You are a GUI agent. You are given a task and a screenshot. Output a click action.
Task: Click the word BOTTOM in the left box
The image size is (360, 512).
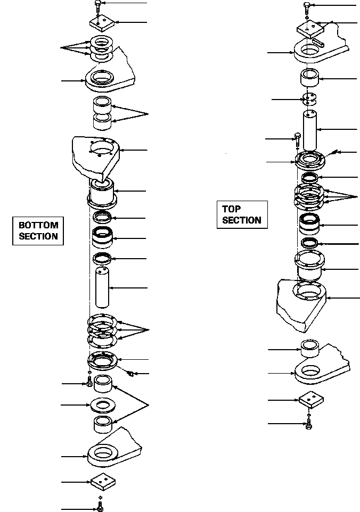pos(38,225)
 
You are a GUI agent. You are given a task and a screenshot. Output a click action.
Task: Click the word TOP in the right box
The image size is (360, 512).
pos(231,209)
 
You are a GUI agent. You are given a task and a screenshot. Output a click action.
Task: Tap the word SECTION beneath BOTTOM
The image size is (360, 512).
pos(38,236)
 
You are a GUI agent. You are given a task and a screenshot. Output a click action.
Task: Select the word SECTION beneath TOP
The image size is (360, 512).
pos(242,220)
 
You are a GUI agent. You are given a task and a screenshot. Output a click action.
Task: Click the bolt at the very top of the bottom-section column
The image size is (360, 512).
pos(97,7)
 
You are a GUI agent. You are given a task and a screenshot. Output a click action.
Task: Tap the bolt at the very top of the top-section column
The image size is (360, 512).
pos(307,8)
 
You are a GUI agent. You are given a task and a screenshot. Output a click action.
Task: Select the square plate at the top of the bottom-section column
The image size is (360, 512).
pos(102,22)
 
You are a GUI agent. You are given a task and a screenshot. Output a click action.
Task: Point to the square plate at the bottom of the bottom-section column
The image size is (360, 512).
pos(103,482)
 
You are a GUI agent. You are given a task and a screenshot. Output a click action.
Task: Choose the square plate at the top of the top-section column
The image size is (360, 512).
pos(310,29)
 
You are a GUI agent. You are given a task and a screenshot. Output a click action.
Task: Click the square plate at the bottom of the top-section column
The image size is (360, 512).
pos(311,399)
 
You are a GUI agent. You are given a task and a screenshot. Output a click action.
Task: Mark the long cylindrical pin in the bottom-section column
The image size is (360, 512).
pos(102,287)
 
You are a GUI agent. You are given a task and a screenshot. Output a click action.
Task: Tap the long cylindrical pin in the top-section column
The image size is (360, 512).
pos(310,130)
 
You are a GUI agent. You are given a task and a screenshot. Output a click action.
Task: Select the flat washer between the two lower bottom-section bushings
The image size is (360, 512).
pos(103,406)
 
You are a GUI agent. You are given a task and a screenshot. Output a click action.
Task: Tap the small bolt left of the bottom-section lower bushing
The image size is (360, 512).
pos(89,381)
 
